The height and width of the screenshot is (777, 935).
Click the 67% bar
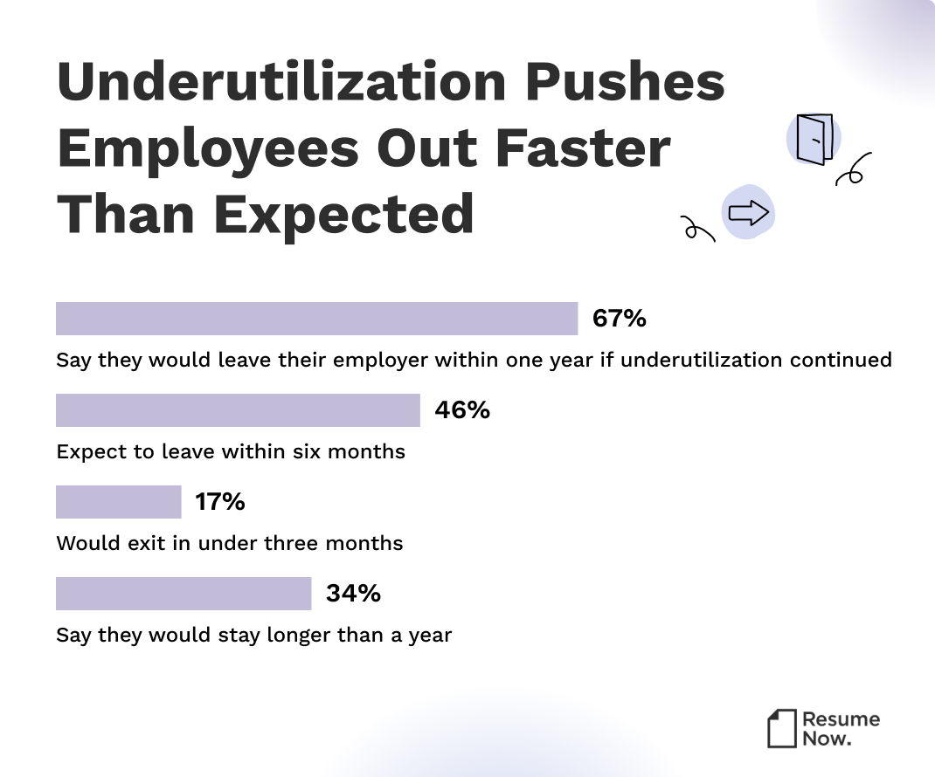[316, 319]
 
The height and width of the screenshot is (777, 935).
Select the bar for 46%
[238, 410]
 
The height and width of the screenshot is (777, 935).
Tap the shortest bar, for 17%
[118, 502]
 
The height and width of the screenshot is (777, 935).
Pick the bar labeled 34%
[184, 594]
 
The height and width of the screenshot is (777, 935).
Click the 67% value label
[619, 319]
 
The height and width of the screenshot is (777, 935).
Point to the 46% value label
[462, 410]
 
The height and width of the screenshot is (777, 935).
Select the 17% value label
[220, 502]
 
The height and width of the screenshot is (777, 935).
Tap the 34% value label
[353, 594]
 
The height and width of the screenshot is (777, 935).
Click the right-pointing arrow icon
[748, 211]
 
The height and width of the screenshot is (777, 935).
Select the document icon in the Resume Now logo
[782, 728]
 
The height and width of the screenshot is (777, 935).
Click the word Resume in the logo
[841, 719]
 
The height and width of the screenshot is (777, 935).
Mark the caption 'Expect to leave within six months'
[231, 451]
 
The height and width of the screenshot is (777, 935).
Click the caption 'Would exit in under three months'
[230, 543]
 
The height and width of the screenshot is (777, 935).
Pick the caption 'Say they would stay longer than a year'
[253, 635]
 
